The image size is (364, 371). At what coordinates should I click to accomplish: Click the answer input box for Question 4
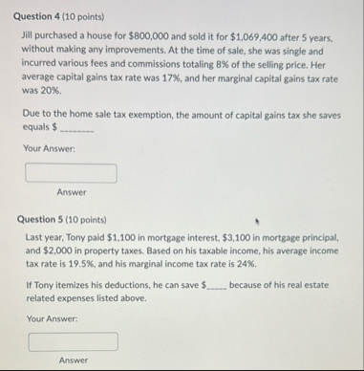(x=71, y=173)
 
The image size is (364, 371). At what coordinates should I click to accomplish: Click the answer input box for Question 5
(x=73, y=341)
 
